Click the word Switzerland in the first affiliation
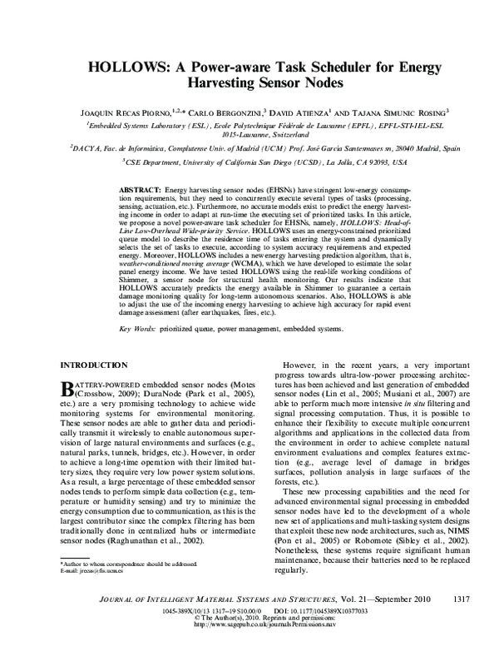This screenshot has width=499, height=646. click(277, 133)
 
